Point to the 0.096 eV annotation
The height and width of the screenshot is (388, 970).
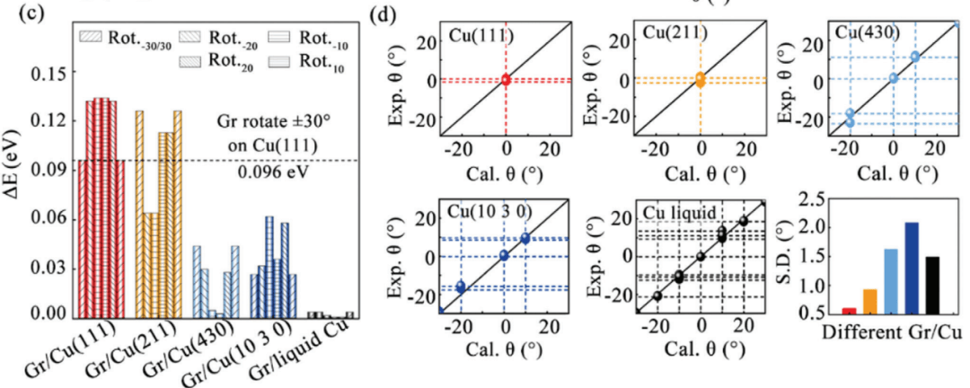[x=267, y=172]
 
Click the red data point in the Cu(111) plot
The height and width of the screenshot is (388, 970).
[x=506, y=80]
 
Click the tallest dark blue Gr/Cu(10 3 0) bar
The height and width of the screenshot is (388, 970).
[x=269, y=267]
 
